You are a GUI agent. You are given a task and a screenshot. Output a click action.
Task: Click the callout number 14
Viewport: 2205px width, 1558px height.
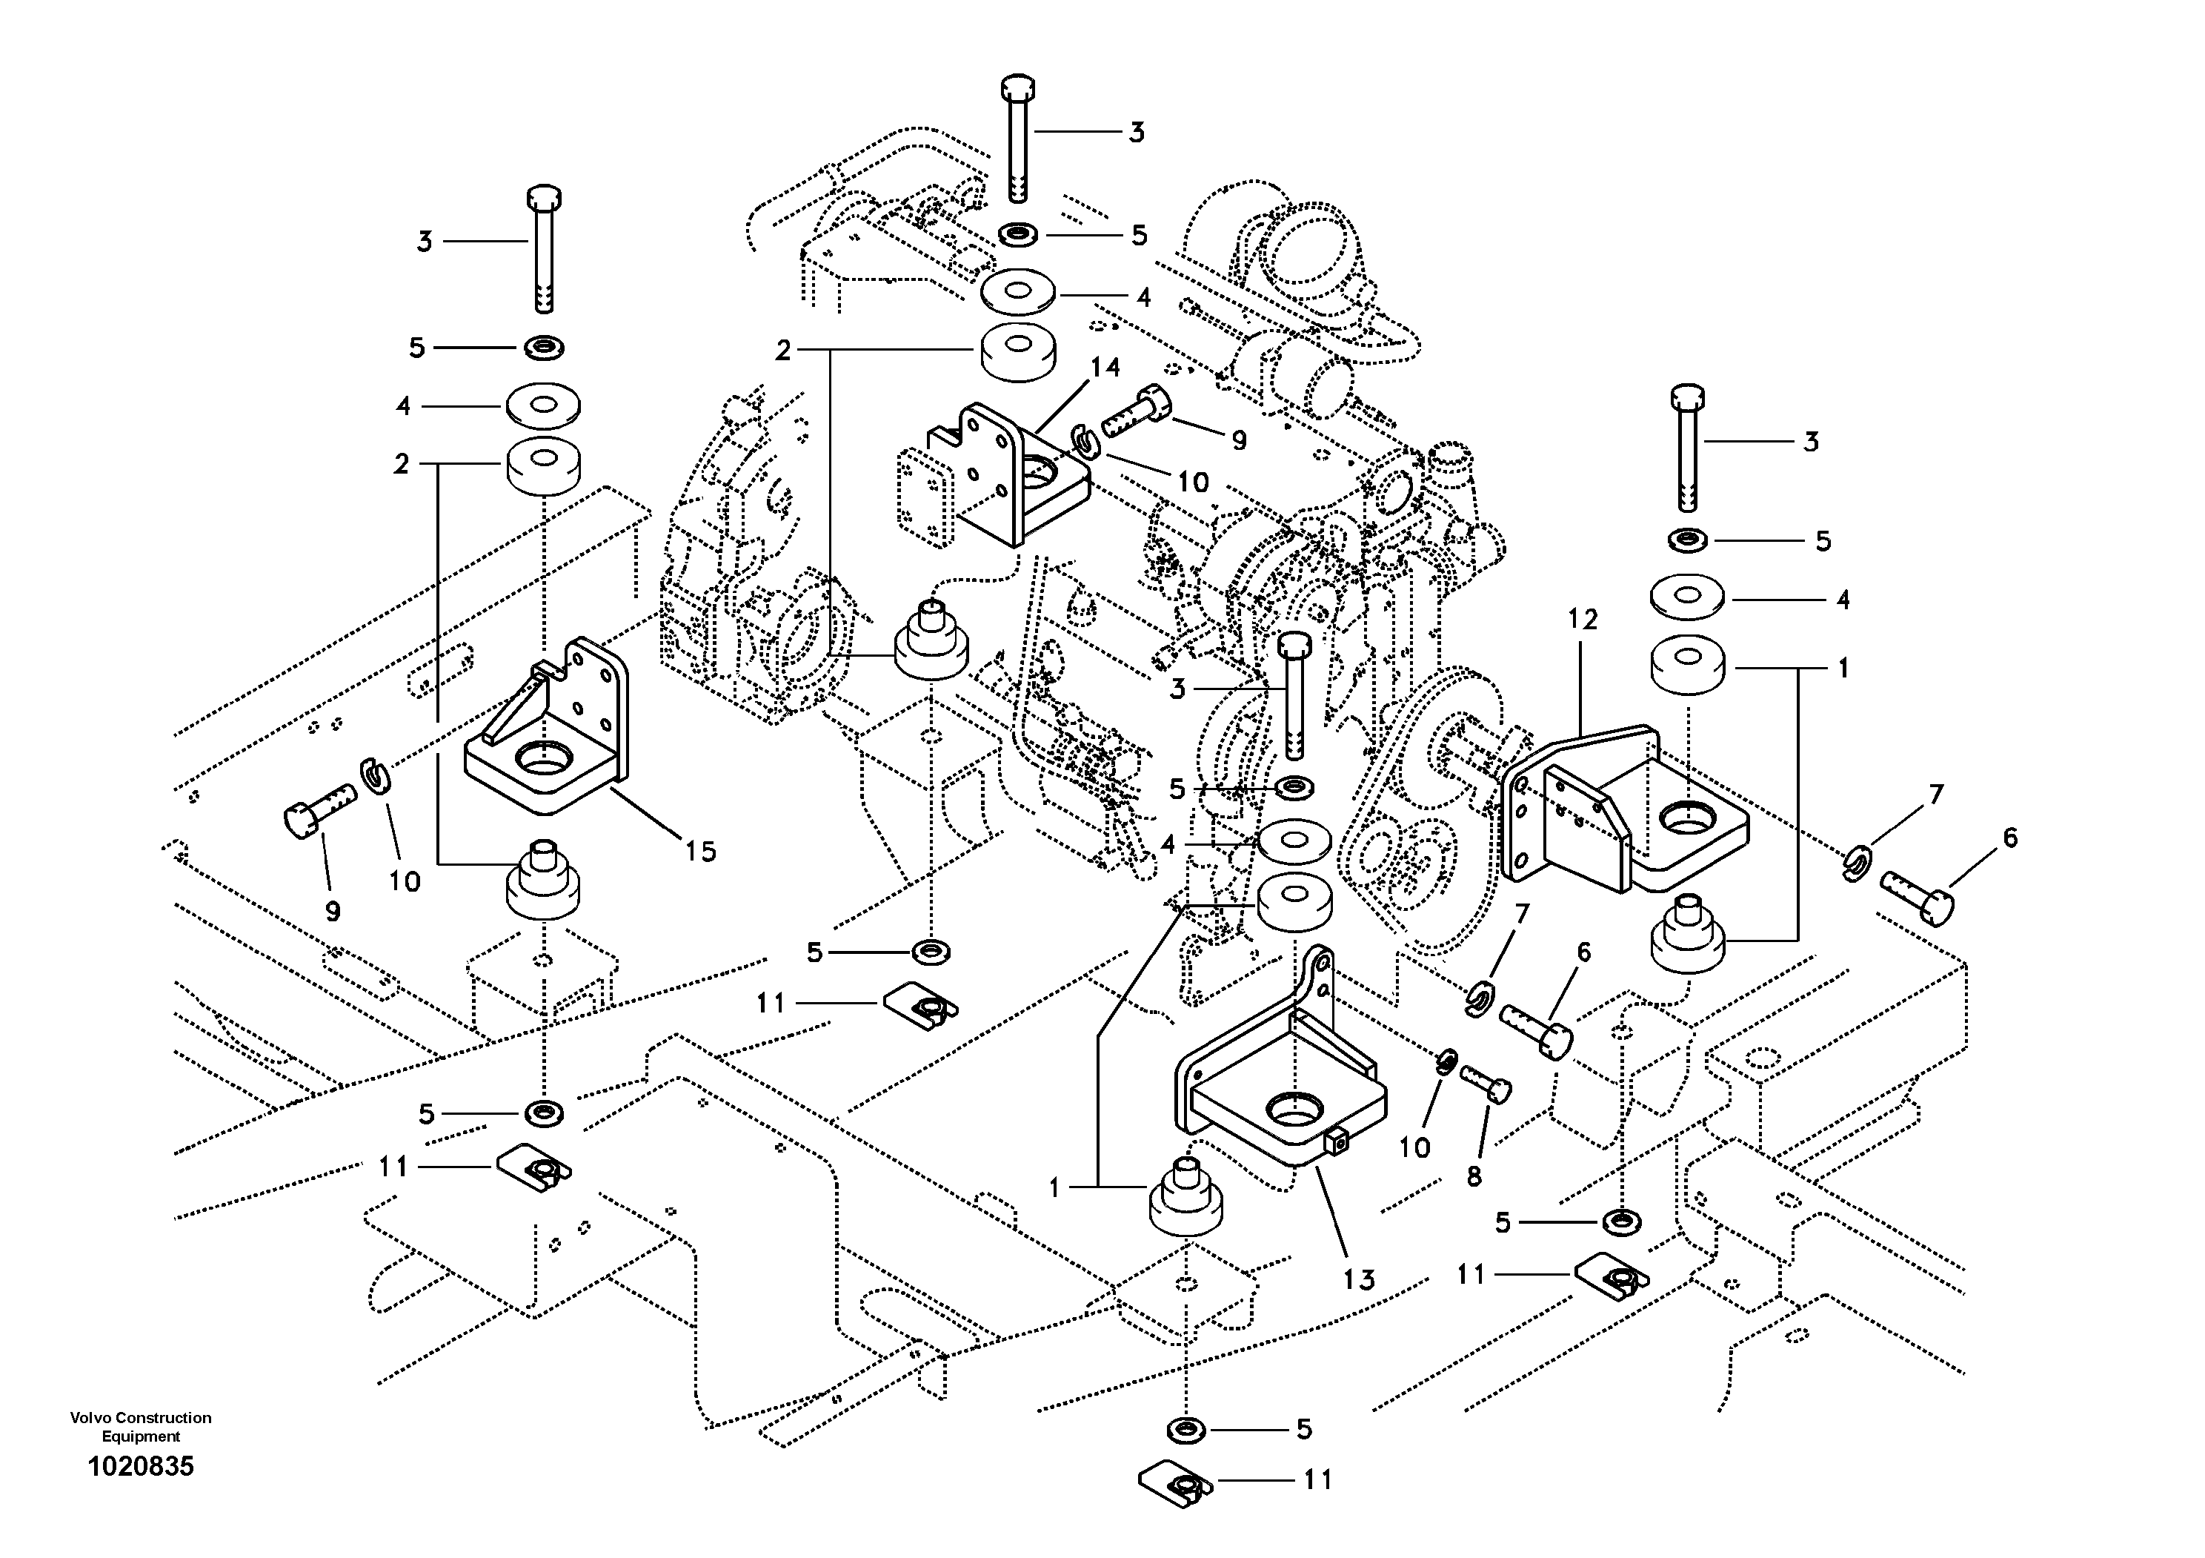pos(1105,367)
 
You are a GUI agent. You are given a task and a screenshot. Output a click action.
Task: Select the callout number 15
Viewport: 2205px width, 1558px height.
pos(700,851)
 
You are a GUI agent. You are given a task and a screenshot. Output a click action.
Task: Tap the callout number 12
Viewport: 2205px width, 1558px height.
pos(1583,620)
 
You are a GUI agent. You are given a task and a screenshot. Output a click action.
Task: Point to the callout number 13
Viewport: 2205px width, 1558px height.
pos(1359,1279)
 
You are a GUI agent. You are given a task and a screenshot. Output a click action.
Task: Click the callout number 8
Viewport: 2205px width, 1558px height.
pos(1474,1176)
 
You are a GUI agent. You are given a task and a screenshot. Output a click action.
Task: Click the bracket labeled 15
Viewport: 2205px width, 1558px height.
pos(548,730)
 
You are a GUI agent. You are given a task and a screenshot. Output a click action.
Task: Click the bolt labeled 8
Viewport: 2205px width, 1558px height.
pos(1486,1083)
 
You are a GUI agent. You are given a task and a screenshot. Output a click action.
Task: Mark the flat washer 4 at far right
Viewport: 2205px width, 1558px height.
pos(1687,595)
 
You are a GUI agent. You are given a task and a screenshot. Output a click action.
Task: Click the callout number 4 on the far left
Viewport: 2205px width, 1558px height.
pos(403,406)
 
